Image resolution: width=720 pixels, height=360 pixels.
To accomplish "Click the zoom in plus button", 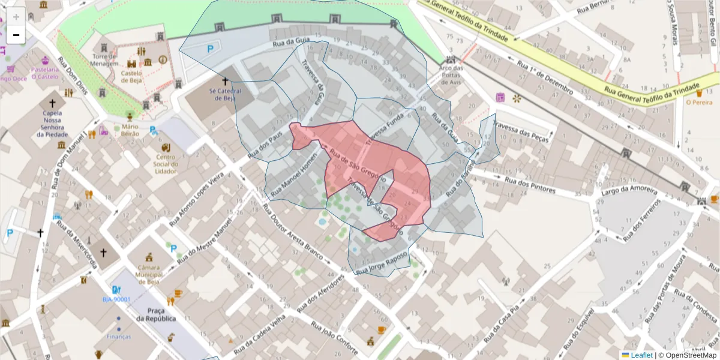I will [16, 17].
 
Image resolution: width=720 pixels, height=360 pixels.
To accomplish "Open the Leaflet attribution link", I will [641, 355].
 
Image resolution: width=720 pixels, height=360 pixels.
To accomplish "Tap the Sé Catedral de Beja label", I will [225, 94].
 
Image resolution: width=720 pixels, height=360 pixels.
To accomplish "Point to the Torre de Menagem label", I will [105, 59].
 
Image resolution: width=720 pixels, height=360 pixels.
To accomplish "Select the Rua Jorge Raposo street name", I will [382, 263].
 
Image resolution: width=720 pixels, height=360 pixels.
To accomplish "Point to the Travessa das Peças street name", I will [521, 131].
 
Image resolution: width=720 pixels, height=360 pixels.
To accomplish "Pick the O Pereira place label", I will [699, 102].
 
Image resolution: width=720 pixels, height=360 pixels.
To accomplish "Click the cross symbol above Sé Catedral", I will [226, 80].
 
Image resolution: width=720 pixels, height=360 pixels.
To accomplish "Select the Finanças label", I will [118, 337].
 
